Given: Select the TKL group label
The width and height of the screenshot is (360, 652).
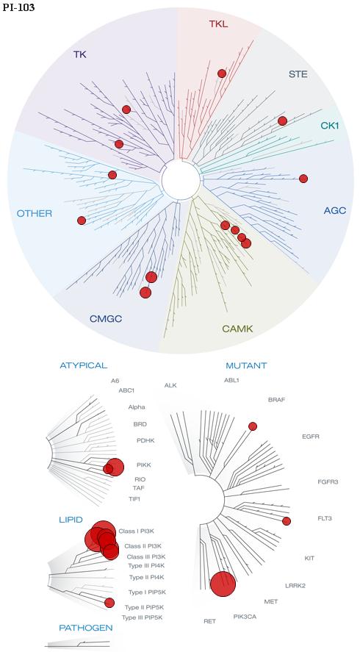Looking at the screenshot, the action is [x=218, y=24].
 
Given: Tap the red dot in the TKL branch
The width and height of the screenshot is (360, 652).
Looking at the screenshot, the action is [x=222, y=74].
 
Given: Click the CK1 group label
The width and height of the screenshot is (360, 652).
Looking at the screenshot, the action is [x=330, y=125].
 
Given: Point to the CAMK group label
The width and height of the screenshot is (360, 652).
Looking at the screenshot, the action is [x=237, y=329].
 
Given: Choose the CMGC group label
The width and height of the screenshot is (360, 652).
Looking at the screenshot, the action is [x=106, y=319].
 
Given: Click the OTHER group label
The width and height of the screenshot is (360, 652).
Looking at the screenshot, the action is [x=34, y=214].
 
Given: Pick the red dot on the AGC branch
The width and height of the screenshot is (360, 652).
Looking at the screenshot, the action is [x=303, y=179].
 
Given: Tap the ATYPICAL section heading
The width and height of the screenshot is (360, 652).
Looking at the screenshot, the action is [x=84, y=365].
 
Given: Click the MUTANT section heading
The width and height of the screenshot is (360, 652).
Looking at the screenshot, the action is [x=246, y=366].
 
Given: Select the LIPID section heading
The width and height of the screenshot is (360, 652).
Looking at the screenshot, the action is [x=71, y=520].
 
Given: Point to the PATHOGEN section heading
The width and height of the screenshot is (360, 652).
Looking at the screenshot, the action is [x=86, y=628].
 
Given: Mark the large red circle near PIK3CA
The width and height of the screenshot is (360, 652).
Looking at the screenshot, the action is [x=223, y=584].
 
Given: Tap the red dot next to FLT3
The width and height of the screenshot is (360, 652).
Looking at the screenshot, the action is [x=286, y=521].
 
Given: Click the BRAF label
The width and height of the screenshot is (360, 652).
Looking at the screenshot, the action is [x=276, y=400].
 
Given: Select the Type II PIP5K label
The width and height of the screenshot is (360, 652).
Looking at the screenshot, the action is [x=144, y=606].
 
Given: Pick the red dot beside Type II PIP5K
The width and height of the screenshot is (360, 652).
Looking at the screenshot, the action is [x=109, y=603].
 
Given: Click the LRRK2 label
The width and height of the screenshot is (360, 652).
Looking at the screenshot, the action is [x=295, y=586].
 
